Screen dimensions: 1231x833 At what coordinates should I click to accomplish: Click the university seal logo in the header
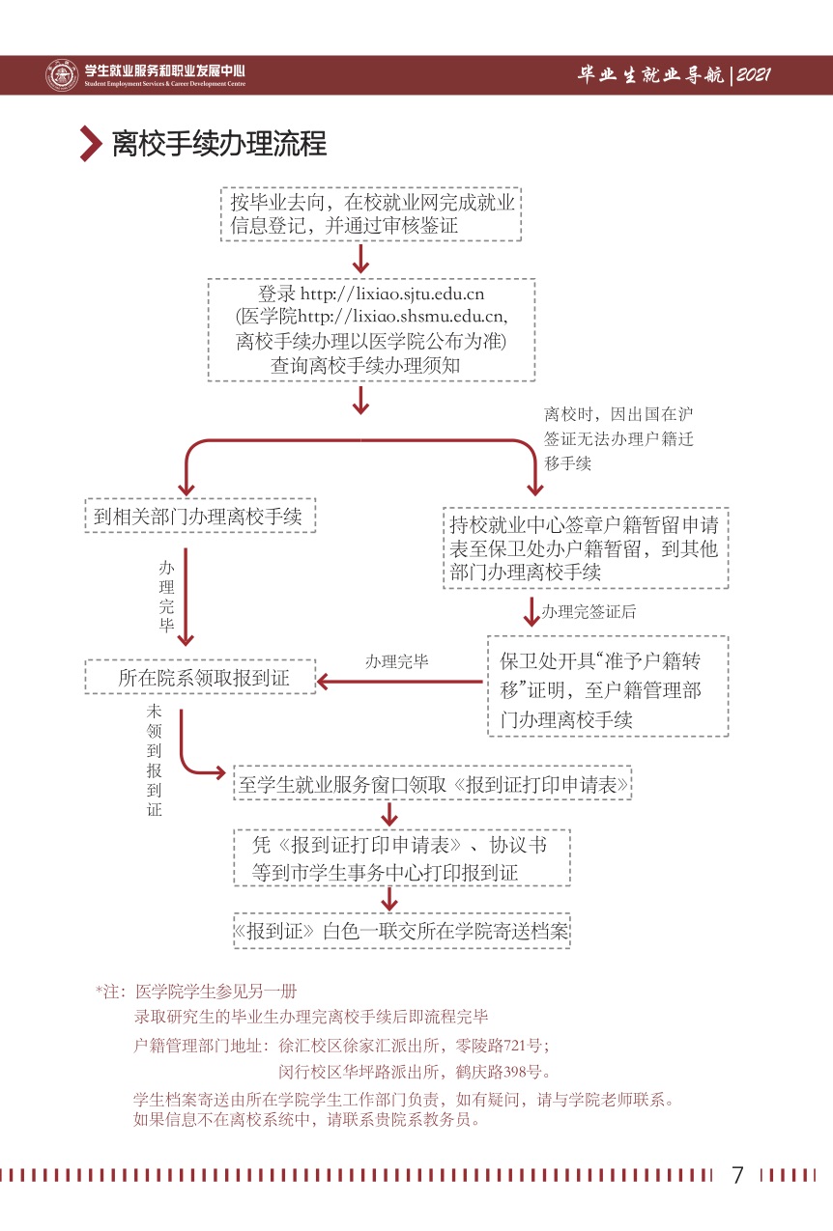62,75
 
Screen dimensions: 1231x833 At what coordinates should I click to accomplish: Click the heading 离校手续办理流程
219,144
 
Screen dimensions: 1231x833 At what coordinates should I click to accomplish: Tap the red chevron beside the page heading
91,144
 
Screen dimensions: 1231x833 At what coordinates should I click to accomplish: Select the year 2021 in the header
753,75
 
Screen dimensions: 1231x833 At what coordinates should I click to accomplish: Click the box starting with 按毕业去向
372,214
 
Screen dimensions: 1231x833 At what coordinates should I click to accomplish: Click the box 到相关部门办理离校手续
199,518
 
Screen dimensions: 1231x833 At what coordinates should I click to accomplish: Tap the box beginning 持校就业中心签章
586,548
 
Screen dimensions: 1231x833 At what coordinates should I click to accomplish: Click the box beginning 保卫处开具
608,686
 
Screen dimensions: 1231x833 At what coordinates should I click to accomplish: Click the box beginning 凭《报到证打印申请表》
401,858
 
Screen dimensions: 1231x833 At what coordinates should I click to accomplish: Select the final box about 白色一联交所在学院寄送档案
401,931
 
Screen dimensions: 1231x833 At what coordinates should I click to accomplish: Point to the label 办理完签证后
588,612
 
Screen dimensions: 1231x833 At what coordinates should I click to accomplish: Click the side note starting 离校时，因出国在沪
618,438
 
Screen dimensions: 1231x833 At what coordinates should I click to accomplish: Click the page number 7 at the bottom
738,1175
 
